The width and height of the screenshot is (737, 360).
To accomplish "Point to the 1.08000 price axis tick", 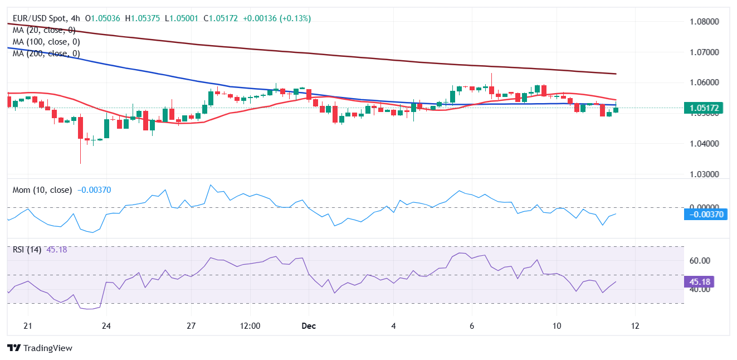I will click(704, 22).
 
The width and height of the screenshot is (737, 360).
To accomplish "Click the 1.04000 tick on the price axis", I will click(704, 144).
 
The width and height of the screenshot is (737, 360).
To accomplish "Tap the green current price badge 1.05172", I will click(705, 108).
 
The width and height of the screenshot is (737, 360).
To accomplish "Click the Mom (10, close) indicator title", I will click(42, 190).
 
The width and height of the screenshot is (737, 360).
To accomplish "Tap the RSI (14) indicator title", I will click(27, 250).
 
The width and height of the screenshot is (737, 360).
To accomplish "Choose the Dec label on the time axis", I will click(308, 326).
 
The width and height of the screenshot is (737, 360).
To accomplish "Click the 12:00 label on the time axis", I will click(250, 326).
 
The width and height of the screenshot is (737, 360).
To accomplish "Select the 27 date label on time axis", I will click(191, 326).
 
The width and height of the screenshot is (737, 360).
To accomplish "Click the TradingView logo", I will click(40, 348).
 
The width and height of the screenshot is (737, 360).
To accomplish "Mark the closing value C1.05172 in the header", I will click(221, 18).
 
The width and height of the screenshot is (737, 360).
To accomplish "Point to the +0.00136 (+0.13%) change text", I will click(277, 18).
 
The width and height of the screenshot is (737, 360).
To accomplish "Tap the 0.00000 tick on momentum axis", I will click(704, 207).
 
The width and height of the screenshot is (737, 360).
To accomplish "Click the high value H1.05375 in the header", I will click(143, 18).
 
